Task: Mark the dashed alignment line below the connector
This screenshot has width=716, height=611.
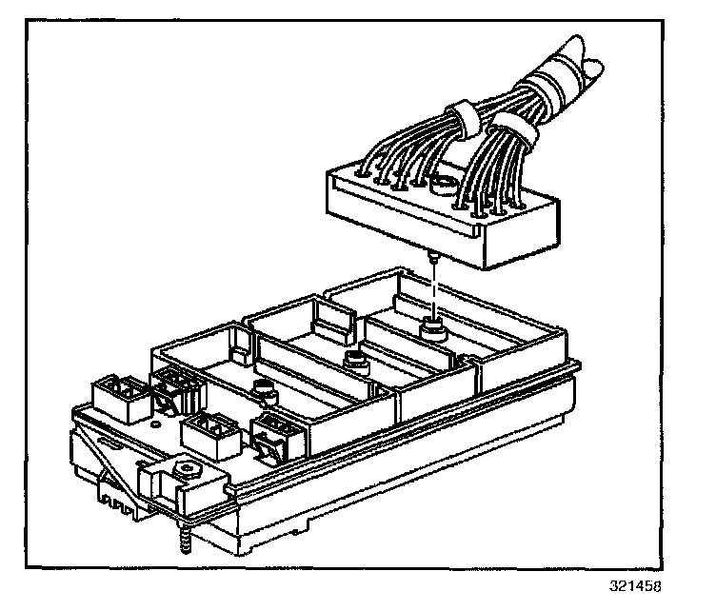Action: tap(433, 290)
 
